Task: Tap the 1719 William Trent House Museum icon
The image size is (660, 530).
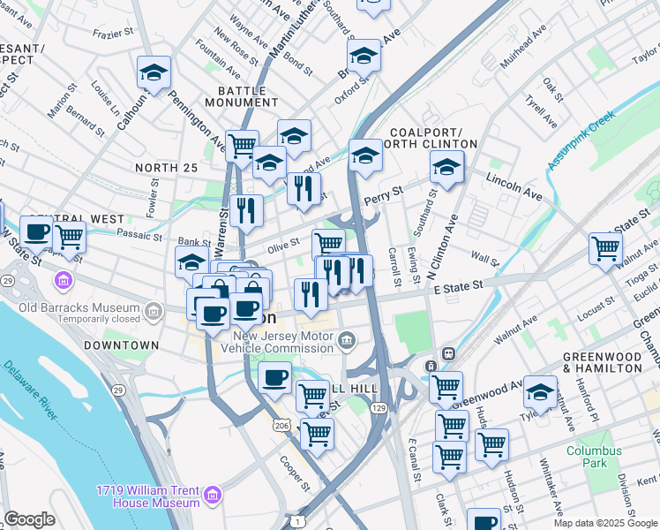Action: (x=212, y=496)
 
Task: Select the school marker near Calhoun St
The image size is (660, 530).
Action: (x=154, y=73)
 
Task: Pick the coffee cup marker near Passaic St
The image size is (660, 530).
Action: (x=36, y=231)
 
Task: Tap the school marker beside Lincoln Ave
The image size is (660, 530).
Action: (x=447, y=168)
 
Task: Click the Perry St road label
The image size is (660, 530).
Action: (x=385, y=191)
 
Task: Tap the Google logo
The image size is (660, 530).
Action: (x=29, y=519)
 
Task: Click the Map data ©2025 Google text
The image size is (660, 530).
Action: (x=605, y=523)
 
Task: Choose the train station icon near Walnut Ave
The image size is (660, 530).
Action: (x=447, y=352)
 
